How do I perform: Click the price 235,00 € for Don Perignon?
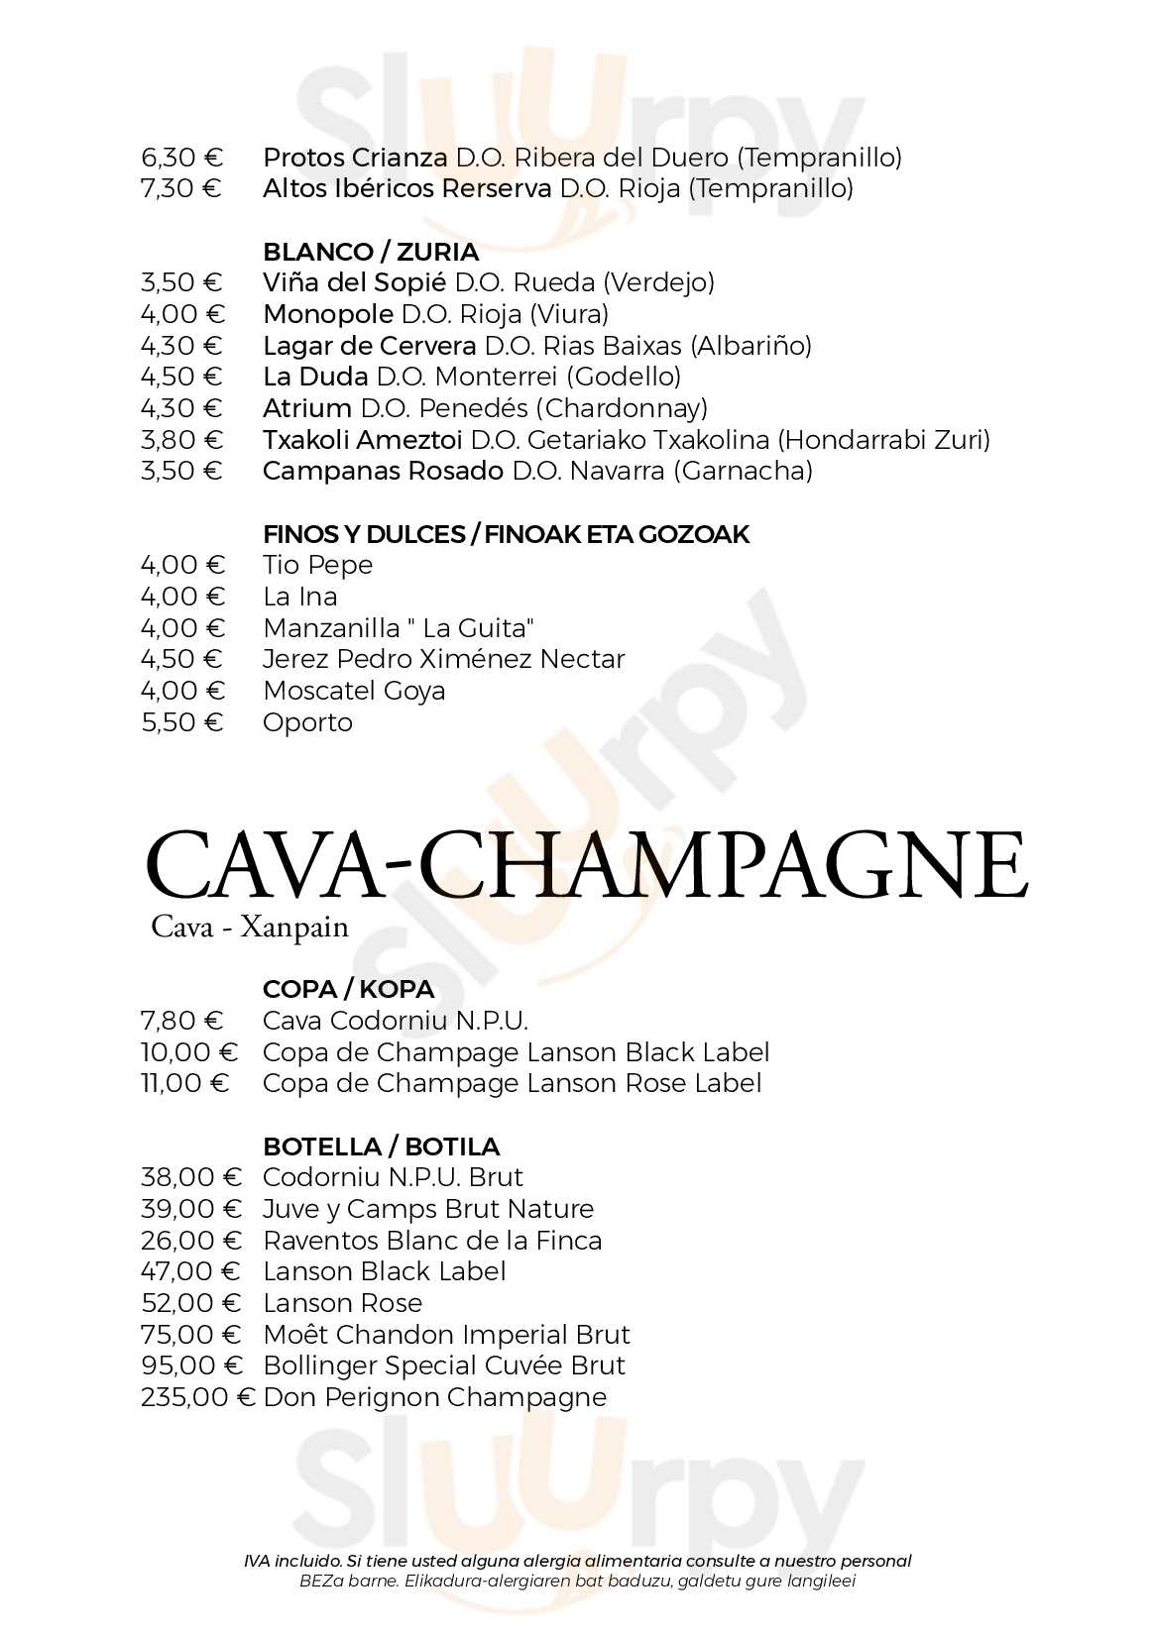[197, 1397]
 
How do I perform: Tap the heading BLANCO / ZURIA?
[370, 252]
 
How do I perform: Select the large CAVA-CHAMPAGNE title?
[586, 866]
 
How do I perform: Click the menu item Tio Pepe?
[317, 565]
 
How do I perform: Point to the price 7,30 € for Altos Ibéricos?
[181, 188]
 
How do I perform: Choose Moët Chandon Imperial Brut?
[446, 1335]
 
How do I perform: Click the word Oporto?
[307, 722]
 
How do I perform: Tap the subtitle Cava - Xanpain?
[250, 928]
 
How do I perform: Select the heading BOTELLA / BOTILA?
[381, 1147]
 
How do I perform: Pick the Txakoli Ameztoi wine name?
[362, 439]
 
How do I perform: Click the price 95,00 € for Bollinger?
[191, 1366]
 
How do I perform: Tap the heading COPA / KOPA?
[348, 989]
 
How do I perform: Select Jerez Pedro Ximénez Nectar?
[443, 659]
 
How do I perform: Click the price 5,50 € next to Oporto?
[182, 722]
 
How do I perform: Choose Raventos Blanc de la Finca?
[432, 1241]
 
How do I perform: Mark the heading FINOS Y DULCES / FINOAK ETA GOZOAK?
[506, 534]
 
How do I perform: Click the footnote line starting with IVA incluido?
[577, 1561]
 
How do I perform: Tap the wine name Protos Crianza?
[354, 158]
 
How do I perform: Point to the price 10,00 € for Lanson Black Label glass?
[189, 1052]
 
